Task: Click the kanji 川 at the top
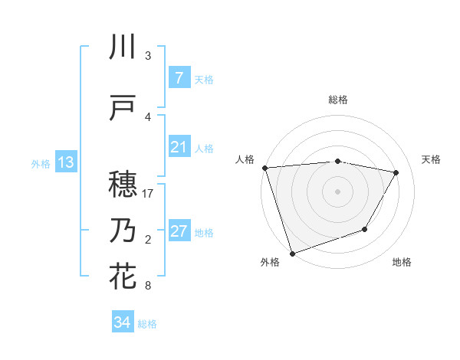click(123, 48)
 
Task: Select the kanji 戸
click(123, 109)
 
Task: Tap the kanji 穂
click(123, 184)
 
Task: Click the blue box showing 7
click(179, 78)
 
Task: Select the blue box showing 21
click(179, 147)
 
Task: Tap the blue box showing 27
click(179, 231)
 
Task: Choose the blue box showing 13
click(65, 162)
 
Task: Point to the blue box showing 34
click(123, 322)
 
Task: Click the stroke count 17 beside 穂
click(148, 194)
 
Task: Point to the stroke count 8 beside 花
click(148, 286)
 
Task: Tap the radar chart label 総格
click(337, 100)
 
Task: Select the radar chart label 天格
click(432, 159)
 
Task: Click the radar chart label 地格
click(402, 263)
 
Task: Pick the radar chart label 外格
click(270, 263)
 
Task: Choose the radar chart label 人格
click(245, 159)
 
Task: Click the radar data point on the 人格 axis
click(264, 168)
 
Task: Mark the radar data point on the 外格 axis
click(292, 253)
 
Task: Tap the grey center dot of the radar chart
click(337, 191)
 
